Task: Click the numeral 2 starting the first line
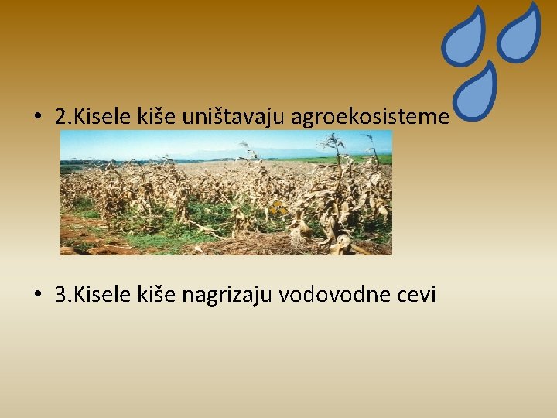[61, 118]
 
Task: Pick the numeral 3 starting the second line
[61, 295]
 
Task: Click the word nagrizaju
[229, 296]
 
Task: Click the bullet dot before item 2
[38, 118]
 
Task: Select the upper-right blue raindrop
[519, 32]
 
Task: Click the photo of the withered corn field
[226, 201]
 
